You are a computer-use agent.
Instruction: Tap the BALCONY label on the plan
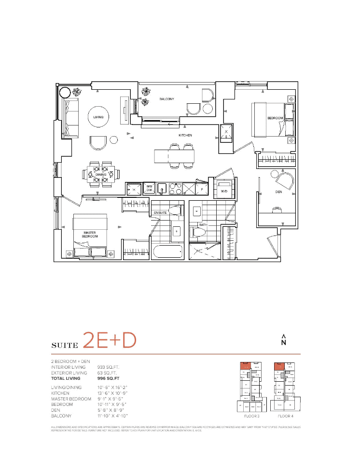point(166,99)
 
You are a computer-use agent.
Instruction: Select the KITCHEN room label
point(185,136)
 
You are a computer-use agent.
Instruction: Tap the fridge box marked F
point(202,189)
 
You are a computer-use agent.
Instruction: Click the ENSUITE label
point(160,212)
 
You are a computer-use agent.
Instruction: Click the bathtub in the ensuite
point(167,251)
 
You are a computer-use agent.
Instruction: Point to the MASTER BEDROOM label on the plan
point(90,235)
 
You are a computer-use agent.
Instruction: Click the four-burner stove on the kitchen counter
point(175,188)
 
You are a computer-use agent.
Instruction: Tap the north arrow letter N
point(284,343)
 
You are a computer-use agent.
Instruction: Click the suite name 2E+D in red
point(109,340)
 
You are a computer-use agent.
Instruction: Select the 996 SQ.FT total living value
point(109,379)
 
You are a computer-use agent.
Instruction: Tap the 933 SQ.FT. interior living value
point(109,367)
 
